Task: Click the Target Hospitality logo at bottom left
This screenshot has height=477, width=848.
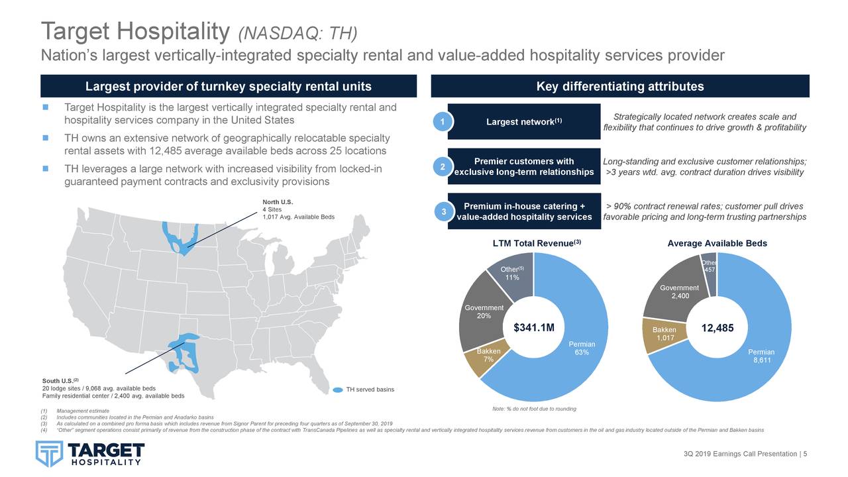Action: coord(89,453)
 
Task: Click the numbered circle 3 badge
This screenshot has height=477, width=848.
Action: coord(443,211)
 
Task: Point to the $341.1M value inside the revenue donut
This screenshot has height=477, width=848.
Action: coord(533,327)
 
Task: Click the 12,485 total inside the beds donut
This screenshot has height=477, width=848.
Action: coord(717,327)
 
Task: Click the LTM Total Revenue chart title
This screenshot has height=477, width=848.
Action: coord(537,244)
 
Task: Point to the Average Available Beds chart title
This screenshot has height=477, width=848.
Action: coord(717,244)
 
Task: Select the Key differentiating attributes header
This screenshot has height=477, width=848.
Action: coord(619,87)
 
